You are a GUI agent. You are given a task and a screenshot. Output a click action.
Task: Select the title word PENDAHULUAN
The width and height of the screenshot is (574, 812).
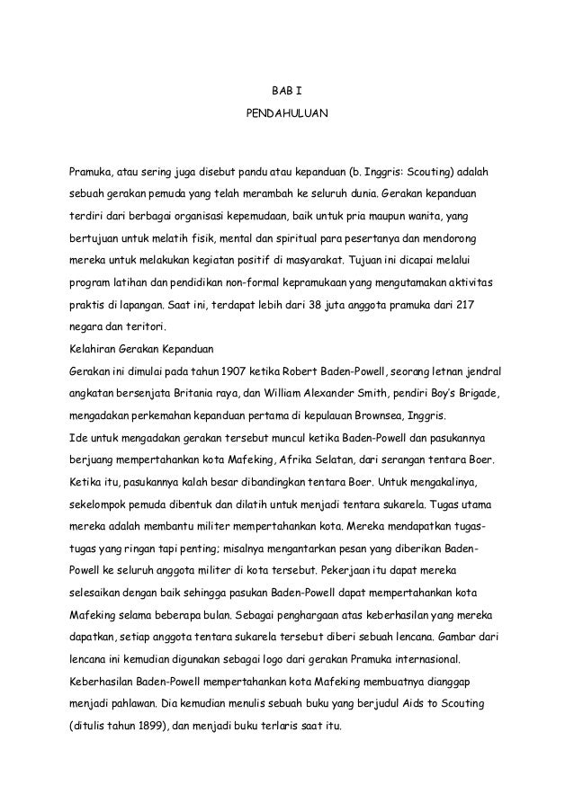click(287, 116)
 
